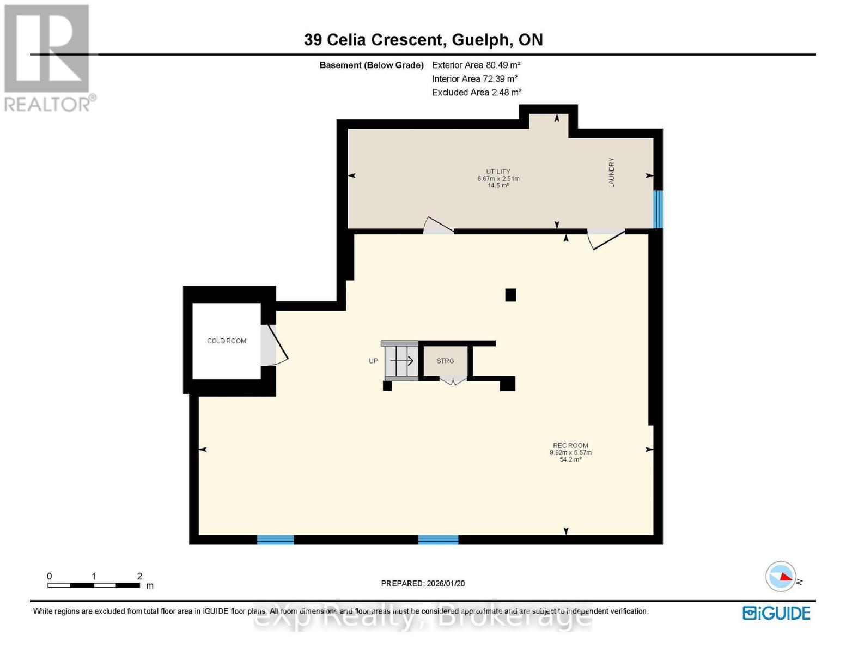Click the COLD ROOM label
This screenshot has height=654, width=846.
pos(227,341)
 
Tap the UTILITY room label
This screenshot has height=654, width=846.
pos(498,172)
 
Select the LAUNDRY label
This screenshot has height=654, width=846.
pos(611,173)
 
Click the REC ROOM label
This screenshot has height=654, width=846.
pos(570,445)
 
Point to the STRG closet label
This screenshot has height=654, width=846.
pos(445,361)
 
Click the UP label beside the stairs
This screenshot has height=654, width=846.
pos(373,361)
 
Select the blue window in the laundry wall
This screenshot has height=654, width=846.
pos(658,209)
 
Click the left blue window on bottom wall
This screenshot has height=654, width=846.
pos(275,540)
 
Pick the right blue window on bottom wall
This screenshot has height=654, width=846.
pos(438,540)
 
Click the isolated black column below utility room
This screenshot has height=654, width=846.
pos(510,295)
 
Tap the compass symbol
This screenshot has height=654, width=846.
pos(781,576)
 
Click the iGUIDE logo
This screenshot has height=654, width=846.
pos(776,613)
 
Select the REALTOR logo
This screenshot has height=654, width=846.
pos(48,57)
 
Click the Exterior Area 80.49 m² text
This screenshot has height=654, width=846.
pos(476,65)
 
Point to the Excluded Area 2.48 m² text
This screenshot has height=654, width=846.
pos(477,93)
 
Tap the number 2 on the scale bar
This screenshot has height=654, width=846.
pos(139,576)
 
